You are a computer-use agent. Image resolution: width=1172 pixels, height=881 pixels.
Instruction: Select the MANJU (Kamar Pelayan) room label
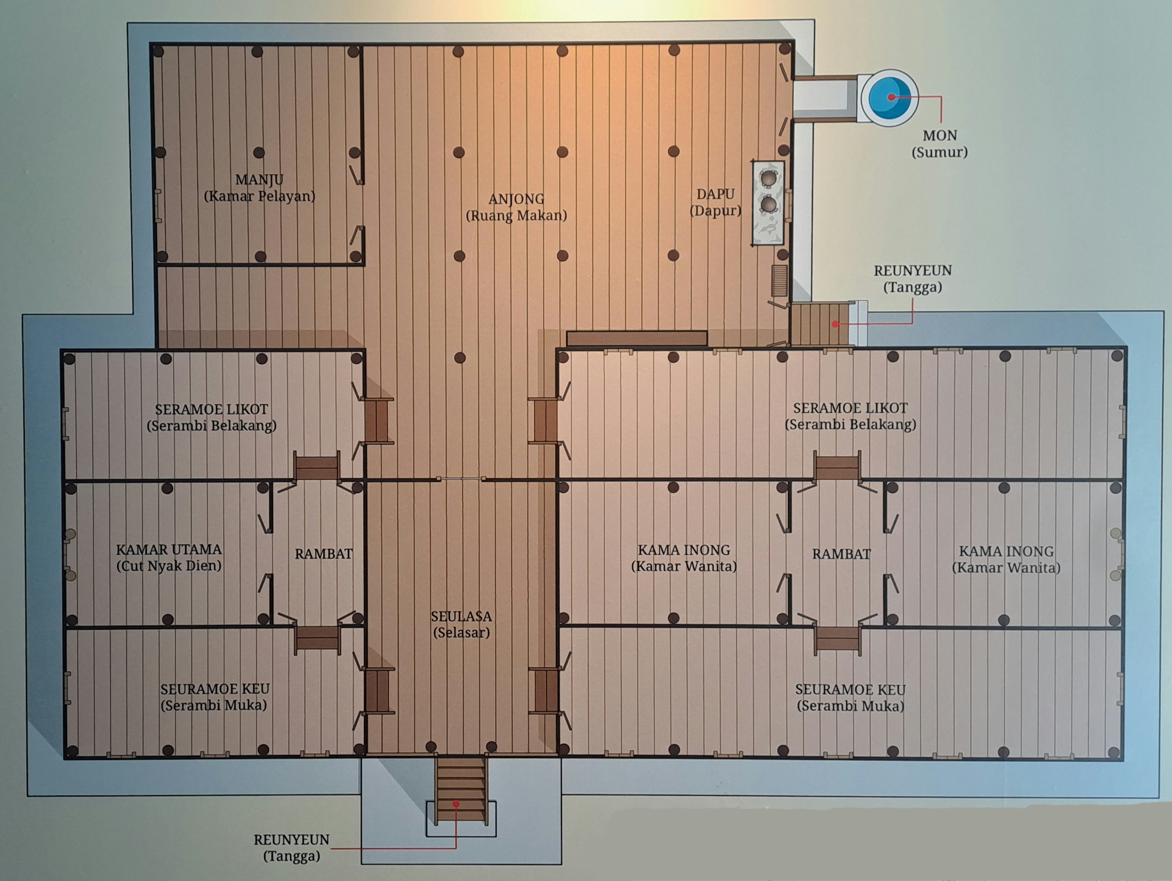(260, 188)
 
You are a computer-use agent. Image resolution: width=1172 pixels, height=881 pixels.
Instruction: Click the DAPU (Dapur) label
(715, 202)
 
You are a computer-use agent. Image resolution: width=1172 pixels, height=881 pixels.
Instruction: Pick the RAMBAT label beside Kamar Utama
(323, 554)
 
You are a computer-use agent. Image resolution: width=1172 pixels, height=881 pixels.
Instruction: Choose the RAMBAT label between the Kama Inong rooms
(841, 554)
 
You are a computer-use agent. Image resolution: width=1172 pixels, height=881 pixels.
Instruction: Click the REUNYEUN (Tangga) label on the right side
(912, 279)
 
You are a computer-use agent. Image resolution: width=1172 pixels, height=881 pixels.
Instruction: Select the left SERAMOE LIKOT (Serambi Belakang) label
(211, 417)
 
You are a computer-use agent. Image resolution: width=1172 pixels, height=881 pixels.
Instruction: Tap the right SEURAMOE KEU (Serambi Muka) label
(850, 697)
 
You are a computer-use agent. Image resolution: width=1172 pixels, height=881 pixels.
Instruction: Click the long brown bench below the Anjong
(637, 338)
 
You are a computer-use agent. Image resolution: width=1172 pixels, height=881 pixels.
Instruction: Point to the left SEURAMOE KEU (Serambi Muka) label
(214, 697)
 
